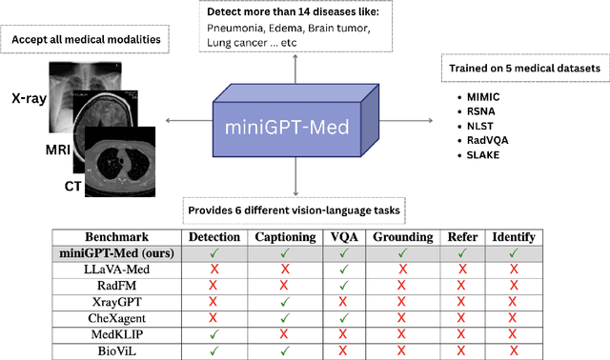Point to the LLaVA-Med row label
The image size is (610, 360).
click(x=117, y=270)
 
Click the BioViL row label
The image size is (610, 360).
click(x=117, y=350)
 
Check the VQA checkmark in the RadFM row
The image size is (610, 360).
click(x=343, y=286)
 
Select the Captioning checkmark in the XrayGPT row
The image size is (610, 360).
click(x=285, y=302)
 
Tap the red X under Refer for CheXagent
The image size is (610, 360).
click(x=461, y=318)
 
